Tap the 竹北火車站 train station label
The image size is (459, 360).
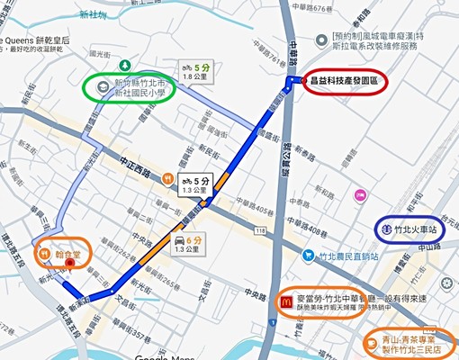point(420,229)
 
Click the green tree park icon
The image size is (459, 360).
point(125,66)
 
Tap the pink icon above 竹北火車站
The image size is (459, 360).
point(361,194)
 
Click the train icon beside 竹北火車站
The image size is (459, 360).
point(383,229)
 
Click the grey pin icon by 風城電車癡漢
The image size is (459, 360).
point(323,39)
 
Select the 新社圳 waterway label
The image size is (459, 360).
point(92,15)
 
